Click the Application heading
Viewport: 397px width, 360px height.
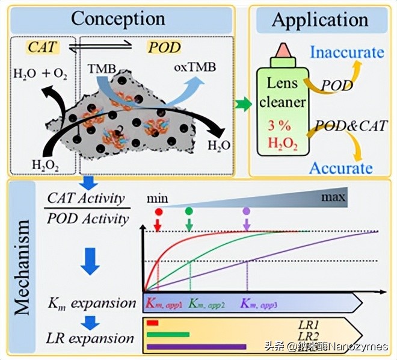(319, 19)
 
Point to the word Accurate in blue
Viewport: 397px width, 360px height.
(340, 167)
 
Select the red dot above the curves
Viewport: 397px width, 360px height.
(159, 212)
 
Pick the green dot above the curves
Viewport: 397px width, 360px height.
(189, 211)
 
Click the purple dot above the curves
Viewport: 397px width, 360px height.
(246, 211)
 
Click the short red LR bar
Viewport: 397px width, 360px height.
(152, 323)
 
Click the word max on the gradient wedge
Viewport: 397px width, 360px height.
(333, 197)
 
